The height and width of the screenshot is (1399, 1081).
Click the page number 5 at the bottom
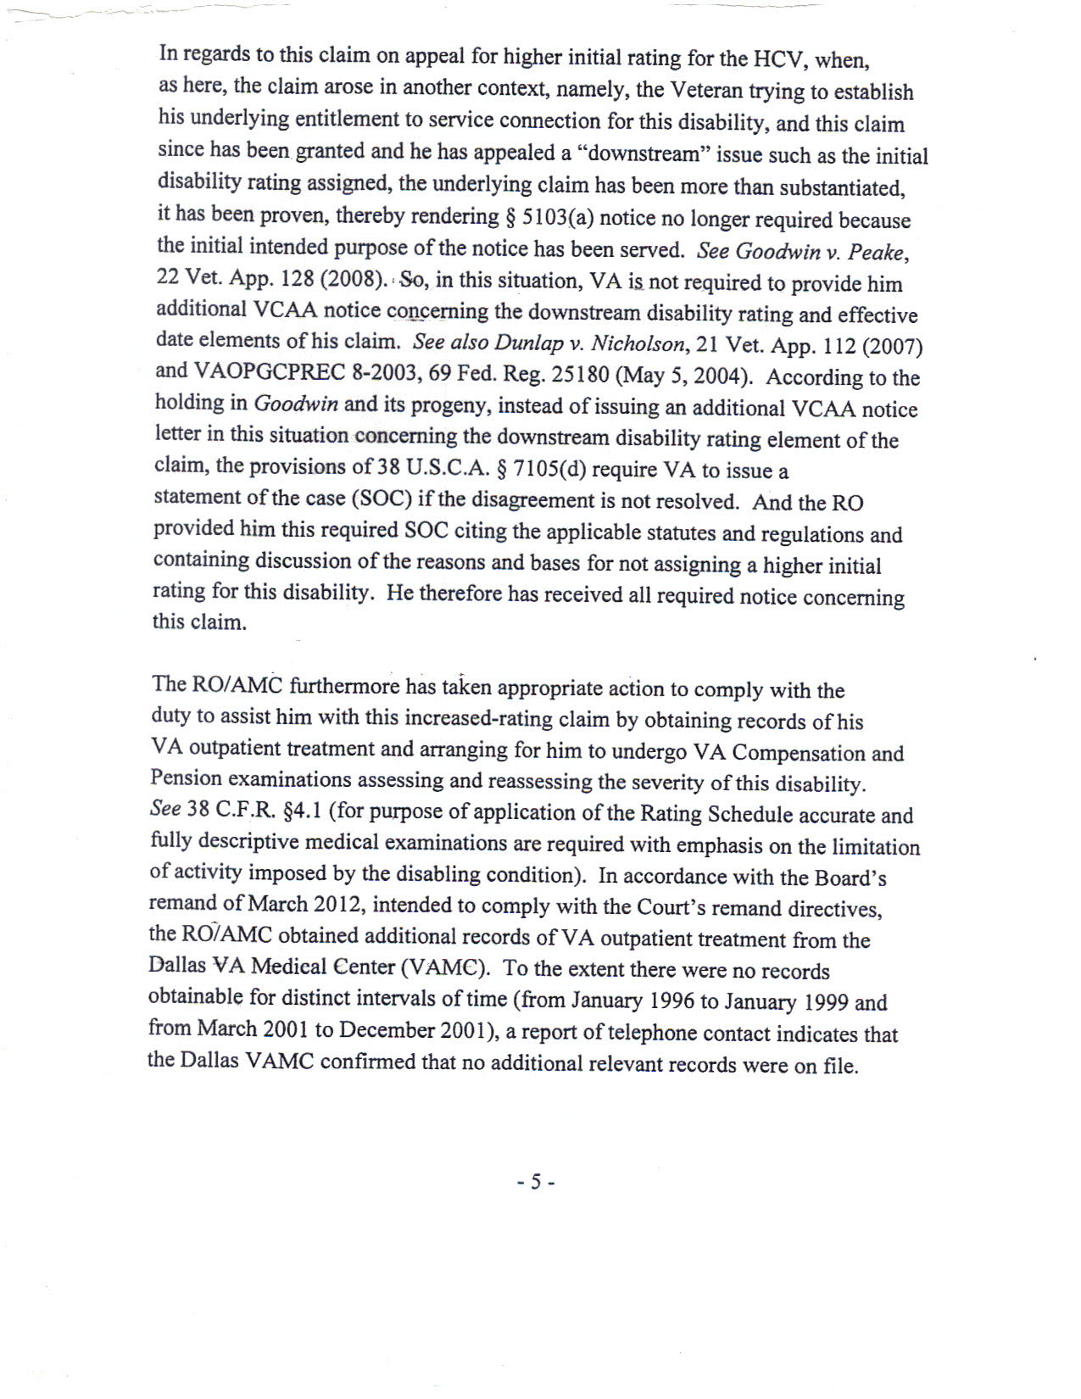pyautogui.click(x=536, y=1182)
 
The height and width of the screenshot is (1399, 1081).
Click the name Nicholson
pyautogui.click(x=637, y=344)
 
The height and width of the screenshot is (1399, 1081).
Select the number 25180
pyautogui.click(x=579, y=375)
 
